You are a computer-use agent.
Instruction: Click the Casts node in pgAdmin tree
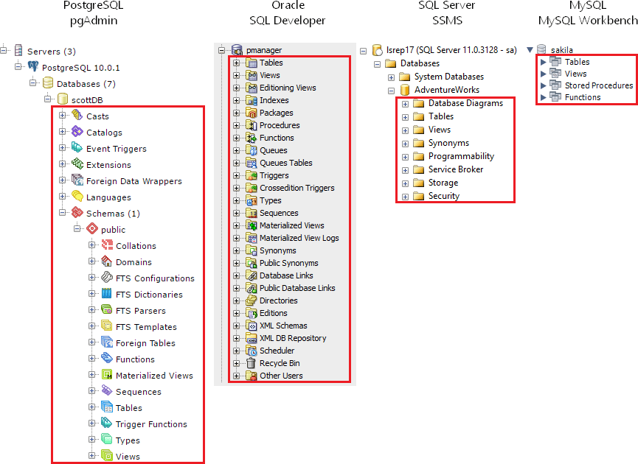(97, 116)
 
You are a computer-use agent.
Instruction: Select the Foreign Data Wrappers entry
(134, 181)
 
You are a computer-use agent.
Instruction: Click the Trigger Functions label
(151, 424)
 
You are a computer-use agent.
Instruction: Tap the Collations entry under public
(136, 246)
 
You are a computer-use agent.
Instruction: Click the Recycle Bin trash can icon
(252, 363)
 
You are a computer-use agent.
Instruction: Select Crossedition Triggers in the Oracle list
(297, 188)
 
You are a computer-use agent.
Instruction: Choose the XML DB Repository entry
(293, 338)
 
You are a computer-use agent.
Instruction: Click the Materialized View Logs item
(299, 238)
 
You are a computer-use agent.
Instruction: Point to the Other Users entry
(281, 376)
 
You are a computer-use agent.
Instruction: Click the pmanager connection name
(264, 50)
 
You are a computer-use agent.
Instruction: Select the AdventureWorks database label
(446, 90)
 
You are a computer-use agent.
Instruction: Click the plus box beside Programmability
(406, 156)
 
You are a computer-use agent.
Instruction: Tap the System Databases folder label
(448, 77)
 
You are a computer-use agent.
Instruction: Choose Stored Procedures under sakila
(598, 85)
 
